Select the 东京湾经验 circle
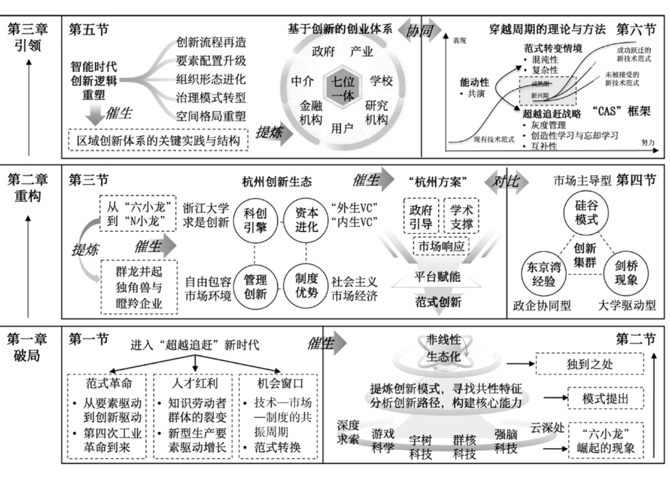tap(545, 273)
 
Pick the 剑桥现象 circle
tap(627, 273)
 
